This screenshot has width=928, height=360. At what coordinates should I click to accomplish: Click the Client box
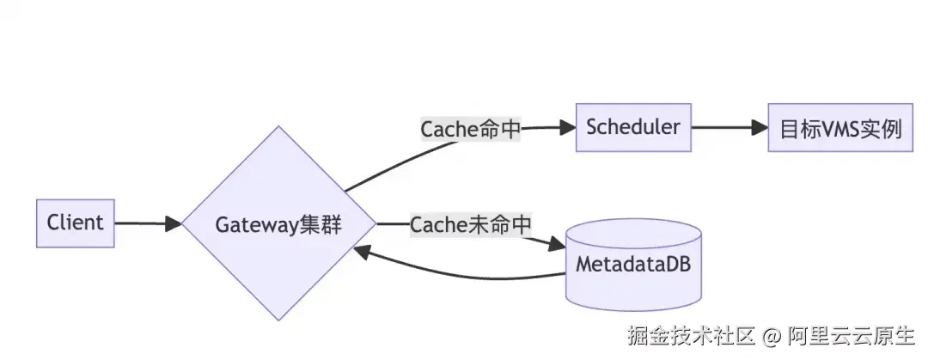tap(75, 223)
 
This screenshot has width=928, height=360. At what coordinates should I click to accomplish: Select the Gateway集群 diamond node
tap(278, 224)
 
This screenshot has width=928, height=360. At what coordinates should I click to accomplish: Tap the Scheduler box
tap(633, 128)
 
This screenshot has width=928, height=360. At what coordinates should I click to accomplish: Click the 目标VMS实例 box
tap(839, 129)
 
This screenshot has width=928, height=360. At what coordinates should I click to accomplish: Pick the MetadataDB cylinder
tap(632, 263)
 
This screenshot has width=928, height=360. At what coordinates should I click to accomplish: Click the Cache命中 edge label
tap(471, 129)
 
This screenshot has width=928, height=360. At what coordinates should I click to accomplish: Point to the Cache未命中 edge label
tap(471, 224)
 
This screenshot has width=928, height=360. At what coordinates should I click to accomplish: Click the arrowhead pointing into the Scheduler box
tap(566, 128)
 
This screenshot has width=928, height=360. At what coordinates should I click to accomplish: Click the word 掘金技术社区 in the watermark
tap(690, 335)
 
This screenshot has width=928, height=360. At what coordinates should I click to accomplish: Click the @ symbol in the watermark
tap(772, 335)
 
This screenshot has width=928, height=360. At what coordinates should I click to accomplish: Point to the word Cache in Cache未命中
tap(438, 224)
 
